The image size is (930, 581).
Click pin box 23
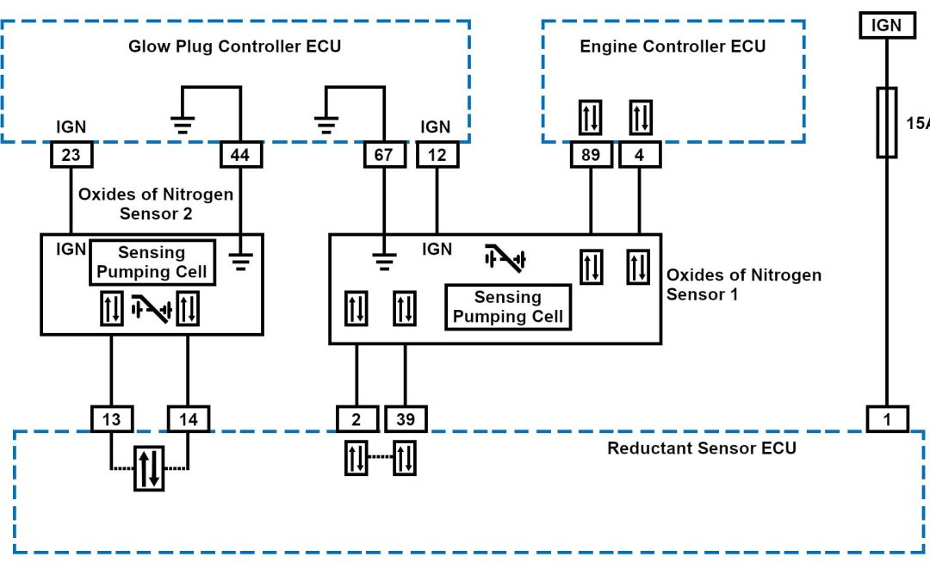71,155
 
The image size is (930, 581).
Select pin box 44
239,155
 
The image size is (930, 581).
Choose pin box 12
437,155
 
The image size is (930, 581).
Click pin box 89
591,155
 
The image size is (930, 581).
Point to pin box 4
639,155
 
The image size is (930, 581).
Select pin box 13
111,419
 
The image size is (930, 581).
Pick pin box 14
188,419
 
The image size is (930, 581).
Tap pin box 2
356,419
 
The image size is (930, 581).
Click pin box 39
405,419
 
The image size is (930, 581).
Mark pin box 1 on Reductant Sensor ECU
886,419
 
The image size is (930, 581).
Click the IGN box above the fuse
886,26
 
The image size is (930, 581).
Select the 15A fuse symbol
886,122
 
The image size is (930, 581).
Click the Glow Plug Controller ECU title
234,46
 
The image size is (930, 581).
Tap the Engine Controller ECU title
673,46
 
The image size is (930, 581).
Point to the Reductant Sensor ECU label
702,448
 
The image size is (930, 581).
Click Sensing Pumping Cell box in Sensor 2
152,263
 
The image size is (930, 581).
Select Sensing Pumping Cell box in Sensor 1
508,307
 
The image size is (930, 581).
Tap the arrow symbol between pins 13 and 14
149,468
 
